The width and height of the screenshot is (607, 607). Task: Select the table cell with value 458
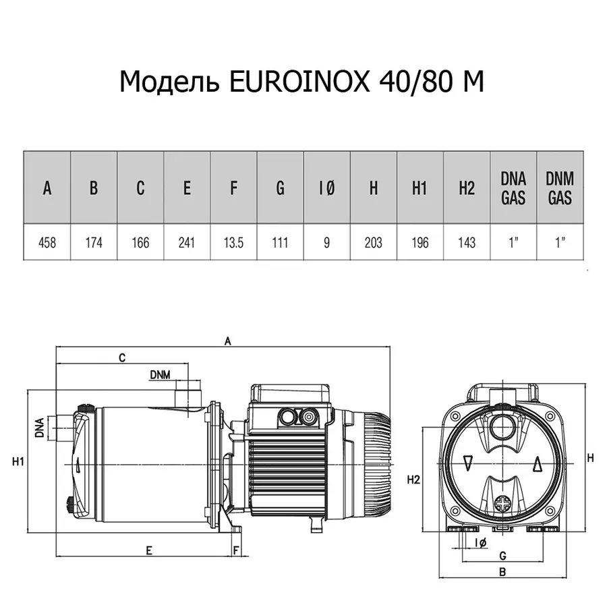coord(47,243)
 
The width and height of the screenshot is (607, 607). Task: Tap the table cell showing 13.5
coord(233,243)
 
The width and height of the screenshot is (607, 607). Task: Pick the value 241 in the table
coord(187,243)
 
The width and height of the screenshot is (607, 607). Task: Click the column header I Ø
coord(326,188)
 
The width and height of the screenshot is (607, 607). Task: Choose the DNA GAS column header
coord(513,187)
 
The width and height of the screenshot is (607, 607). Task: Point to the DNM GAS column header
coord(560,187)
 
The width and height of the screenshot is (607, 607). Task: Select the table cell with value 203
coord(373,243)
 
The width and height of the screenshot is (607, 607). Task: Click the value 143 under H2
coord(467,243)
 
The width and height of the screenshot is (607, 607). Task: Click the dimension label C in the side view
coord(122,358)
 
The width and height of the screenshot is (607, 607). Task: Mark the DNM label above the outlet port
coord(160,375)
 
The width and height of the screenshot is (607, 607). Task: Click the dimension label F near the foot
coord(235,550)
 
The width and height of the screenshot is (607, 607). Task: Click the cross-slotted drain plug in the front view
coord(502,504)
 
